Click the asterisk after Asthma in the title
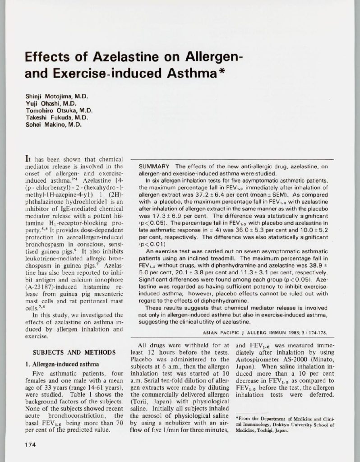point(222,72)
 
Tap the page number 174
point(30,444)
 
